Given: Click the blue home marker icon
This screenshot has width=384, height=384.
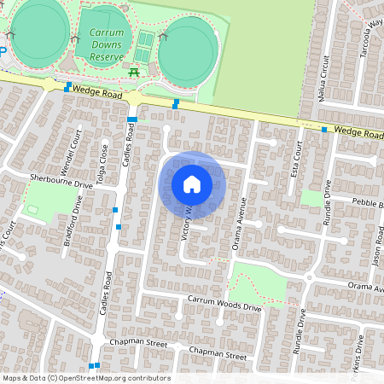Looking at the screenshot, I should point(192,183).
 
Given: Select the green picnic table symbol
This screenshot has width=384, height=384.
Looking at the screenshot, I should point(134,72).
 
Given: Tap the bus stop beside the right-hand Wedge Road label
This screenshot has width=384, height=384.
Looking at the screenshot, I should point(325,129).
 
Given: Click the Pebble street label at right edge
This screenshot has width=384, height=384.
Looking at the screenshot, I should point(369,201).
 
